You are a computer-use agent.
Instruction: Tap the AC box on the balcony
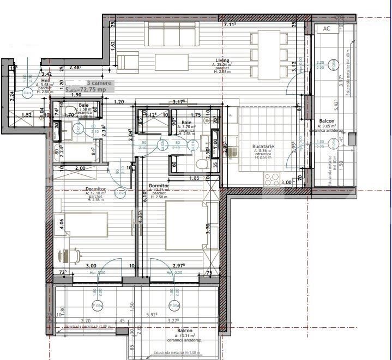point(326,28)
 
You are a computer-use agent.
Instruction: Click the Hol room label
point(45,80)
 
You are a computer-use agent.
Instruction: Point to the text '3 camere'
point(99,83)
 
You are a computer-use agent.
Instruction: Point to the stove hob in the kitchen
point(270,178)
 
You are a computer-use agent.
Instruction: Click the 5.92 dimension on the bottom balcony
point(152,314)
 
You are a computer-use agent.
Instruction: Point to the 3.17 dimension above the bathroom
point(178,101)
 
